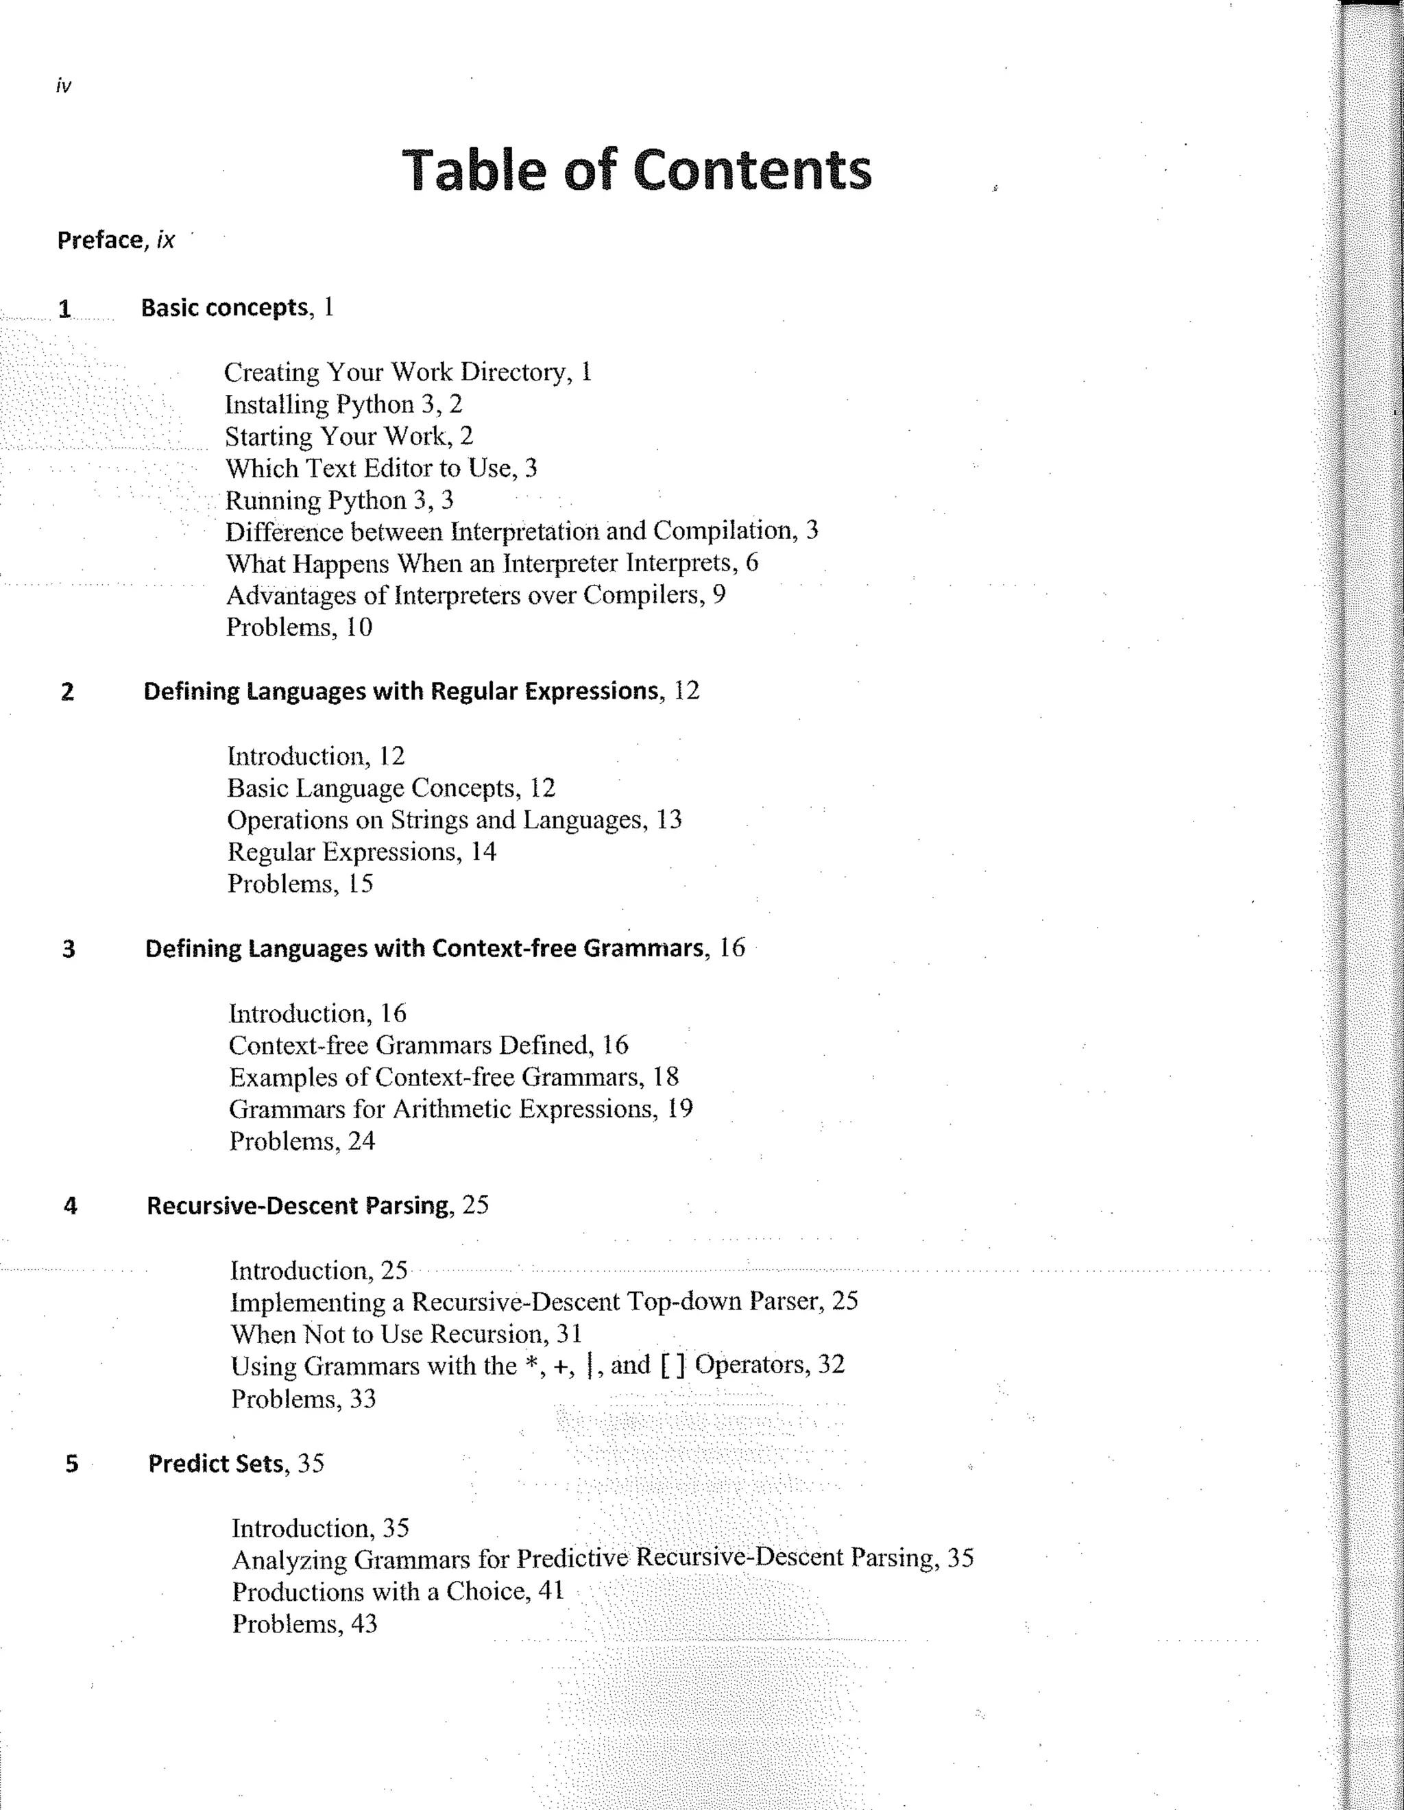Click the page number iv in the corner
click(63, 86)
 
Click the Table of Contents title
click(636, 170)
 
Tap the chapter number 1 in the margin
click(64, 309)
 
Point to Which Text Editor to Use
click(380, 468)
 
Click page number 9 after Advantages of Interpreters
click(718, 594)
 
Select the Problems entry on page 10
click(298, 627)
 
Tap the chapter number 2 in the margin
click(67, 692)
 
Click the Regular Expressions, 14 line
click(361, 852)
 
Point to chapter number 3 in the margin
click(69, 949)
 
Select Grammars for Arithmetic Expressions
click(460, 1109)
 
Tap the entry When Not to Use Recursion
click(406, 1334)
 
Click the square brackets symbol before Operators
click(673, 1365)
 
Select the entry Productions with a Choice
click(397, 1592)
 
